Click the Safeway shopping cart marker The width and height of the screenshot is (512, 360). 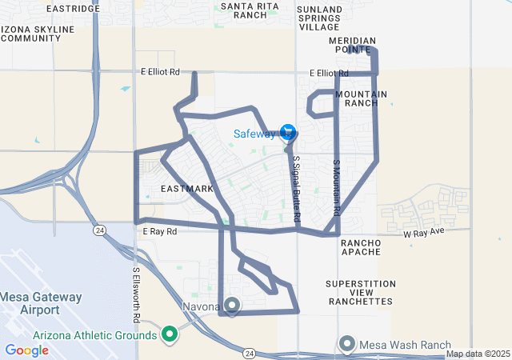[288, 132]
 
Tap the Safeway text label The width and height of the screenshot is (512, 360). [254, 134]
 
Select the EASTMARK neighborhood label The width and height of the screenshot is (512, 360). [187, 189]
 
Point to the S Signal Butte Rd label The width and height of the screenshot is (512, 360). [295, 189]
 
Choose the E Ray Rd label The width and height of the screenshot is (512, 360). [159, 231]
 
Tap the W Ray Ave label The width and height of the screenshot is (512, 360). [423, 234]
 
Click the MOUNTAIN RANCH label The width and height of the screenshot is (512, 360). [362, 98]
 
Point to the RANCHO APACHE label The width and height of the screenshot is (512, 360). [364, 247]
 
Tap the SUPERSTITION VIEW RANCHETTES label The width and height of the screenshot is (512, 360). [360, 292]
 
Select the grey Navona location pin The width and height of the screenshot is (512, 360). [233, 305]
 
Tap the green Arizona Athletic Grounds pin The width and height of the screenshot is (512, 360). [170, 334]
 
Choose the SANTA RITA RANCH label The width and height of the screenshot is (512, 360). [243, 10]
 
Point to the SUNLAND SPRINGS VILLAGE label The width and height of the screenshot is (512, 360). [319, 18]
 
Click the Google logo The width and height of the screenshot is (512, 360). [26, 350]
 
